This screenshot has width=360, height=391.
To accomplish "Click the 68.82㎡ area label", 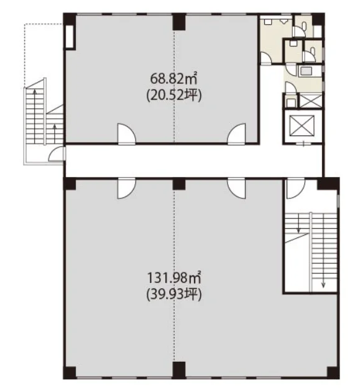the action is pyautogui.click(x=173, y=78).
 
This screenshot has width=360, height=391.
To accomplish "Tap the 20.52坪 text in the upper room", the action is pyautogui.click(x=174, y=95).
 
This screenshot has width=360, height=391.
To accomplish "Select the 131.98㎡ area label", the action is pyautogui.click(x=174, y=277).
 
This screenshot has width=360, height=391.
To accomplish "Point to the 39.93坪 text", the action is pyautogui.click(x=174, y=295).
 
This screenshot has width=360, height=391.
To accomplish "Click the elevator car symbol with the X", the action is pyautogui.click(x=302, y=126).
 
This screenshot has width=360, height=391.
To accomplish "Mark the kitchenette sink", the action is pyautogui.click(x=306, y=71).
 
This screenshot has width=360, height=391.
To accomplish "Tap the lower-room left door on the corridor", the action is pyautogui.click(x=127, y=188).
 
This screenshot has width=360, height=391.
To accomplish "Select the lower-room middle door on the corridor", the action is pyautogui.click(x=236, y=188).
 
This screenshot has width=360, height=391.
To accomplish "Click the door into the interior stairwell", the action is pyautogui.click(x=296, y=188).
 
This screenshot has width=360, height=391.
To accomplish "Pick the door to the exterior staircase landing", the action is pyautogui.click(x=57, y=154).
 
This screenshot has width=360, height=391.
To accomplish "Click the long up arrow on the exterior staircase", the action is pyautogui.click(x=35, y=116).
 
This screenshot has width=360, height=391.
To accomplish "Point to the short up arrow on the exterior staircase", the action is pyautogui.click(x=55, y=134).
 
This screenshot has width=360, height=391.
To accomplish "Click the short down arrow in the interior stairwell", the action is pyautogui.click(x=298, y=223).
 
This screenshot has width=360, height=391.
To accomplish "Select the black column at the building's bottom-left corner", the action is pyautogui.click(x=70, y=372).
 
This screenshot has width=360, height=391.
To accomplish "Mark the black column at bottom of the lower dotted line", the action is pyautogui.click(x=179, y=370).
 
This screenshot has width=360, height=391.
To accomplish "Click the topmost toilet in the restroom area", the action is pyautogui.click(x=304, y=25).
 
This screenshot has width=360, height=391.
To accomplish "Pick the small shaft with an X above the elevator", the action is pyautogui.click(x=310, y=100).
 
